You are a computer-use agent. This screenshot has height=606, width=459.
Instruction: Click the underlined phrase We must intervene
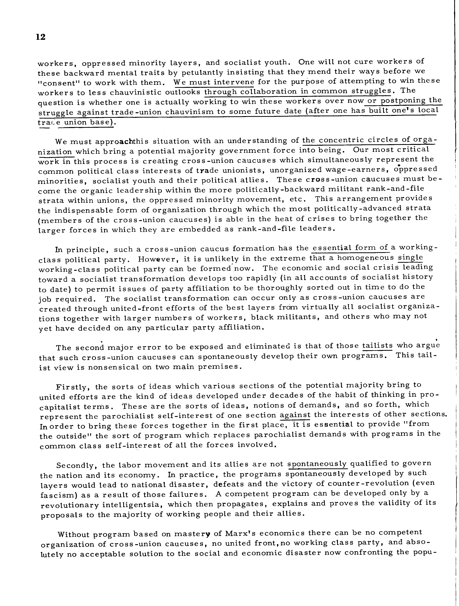[x=214, y=82]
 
